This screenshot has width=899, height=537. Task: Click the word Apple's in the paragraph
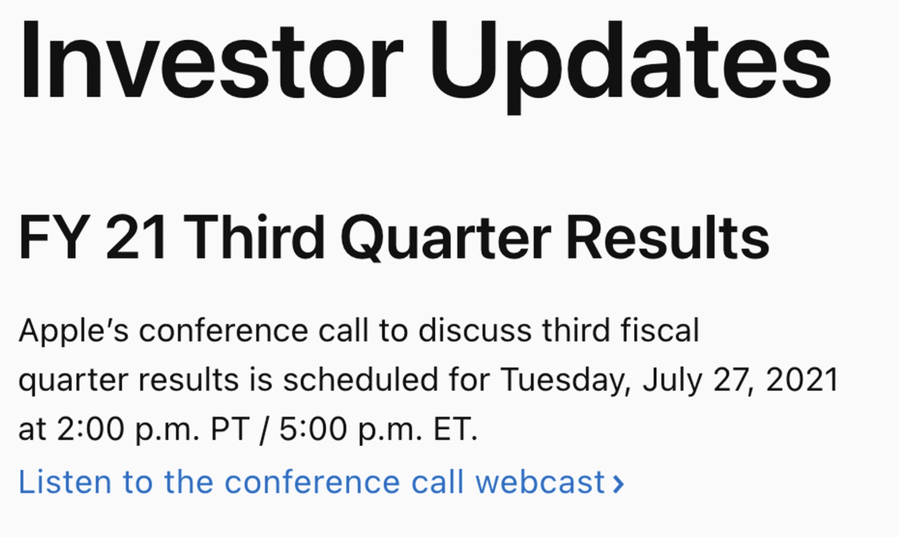pos(74,331)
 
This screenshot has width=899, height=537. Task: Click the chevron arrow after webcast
pos(618,484)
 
